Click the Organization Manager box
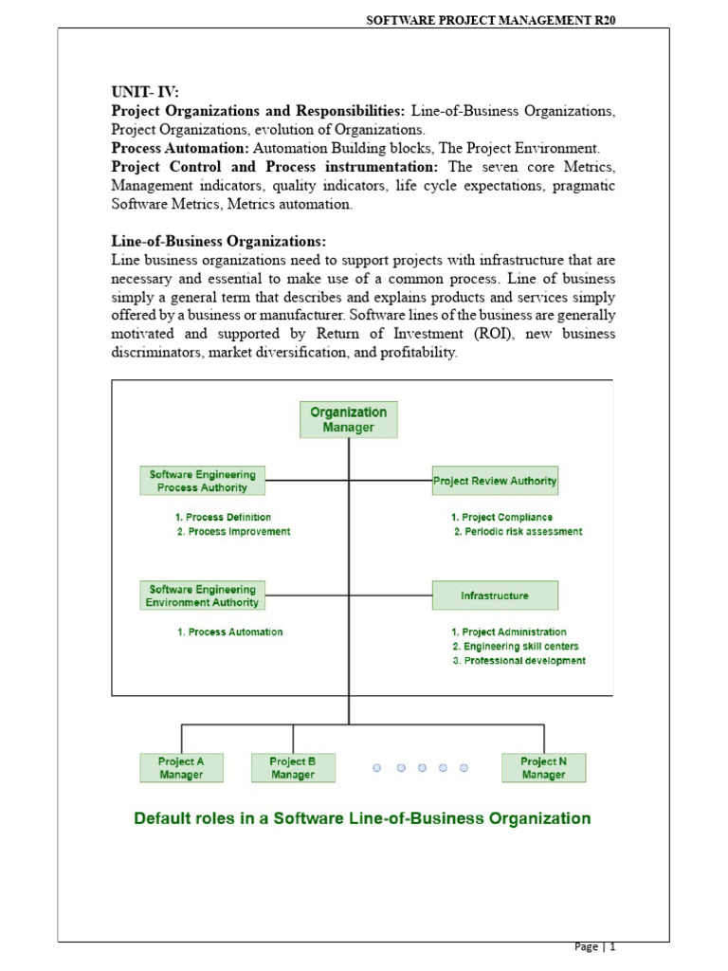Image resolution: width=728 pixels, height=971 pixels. click(349, 419)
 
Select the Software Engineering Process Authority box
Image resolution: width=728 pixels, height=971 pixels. click(203, 481)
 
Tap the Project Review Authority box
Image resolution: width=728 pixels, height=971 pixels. click(495, 481)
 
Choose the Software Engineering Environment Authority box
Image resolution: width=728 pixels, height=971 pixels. click(203, 595)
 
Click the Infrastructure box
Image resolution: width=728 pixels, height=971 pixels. click(495, 595)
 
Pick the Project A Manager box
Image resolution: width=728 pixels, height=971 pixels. click(181, 768)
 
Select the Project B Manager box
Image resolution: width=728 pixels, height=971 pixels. click(293, 768)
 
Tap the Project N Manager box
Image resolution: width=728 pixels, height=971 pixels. click(544, 768)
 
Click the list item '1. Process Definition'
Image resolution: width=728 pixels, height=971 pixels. click(224, 517)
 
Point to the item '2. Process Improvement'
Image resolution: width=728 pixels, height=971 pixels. click(233, 532)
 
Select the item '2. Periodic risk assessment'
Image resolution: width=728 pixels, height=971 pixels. click(518, 532)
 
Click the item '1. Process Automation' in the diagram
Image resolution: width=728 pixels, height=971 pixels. click(230, 632)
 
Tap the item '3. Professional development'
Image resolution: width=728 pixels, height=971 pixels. click(519, 661)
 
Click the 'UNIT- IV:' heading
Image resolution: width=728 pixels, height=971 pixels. click(145, 92)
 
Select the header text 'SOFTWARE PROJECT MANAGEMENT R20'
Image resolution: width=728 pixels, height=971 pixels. click(484, 19)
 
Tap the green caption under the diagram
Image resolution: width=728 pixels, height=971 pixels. click(363, 818)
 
